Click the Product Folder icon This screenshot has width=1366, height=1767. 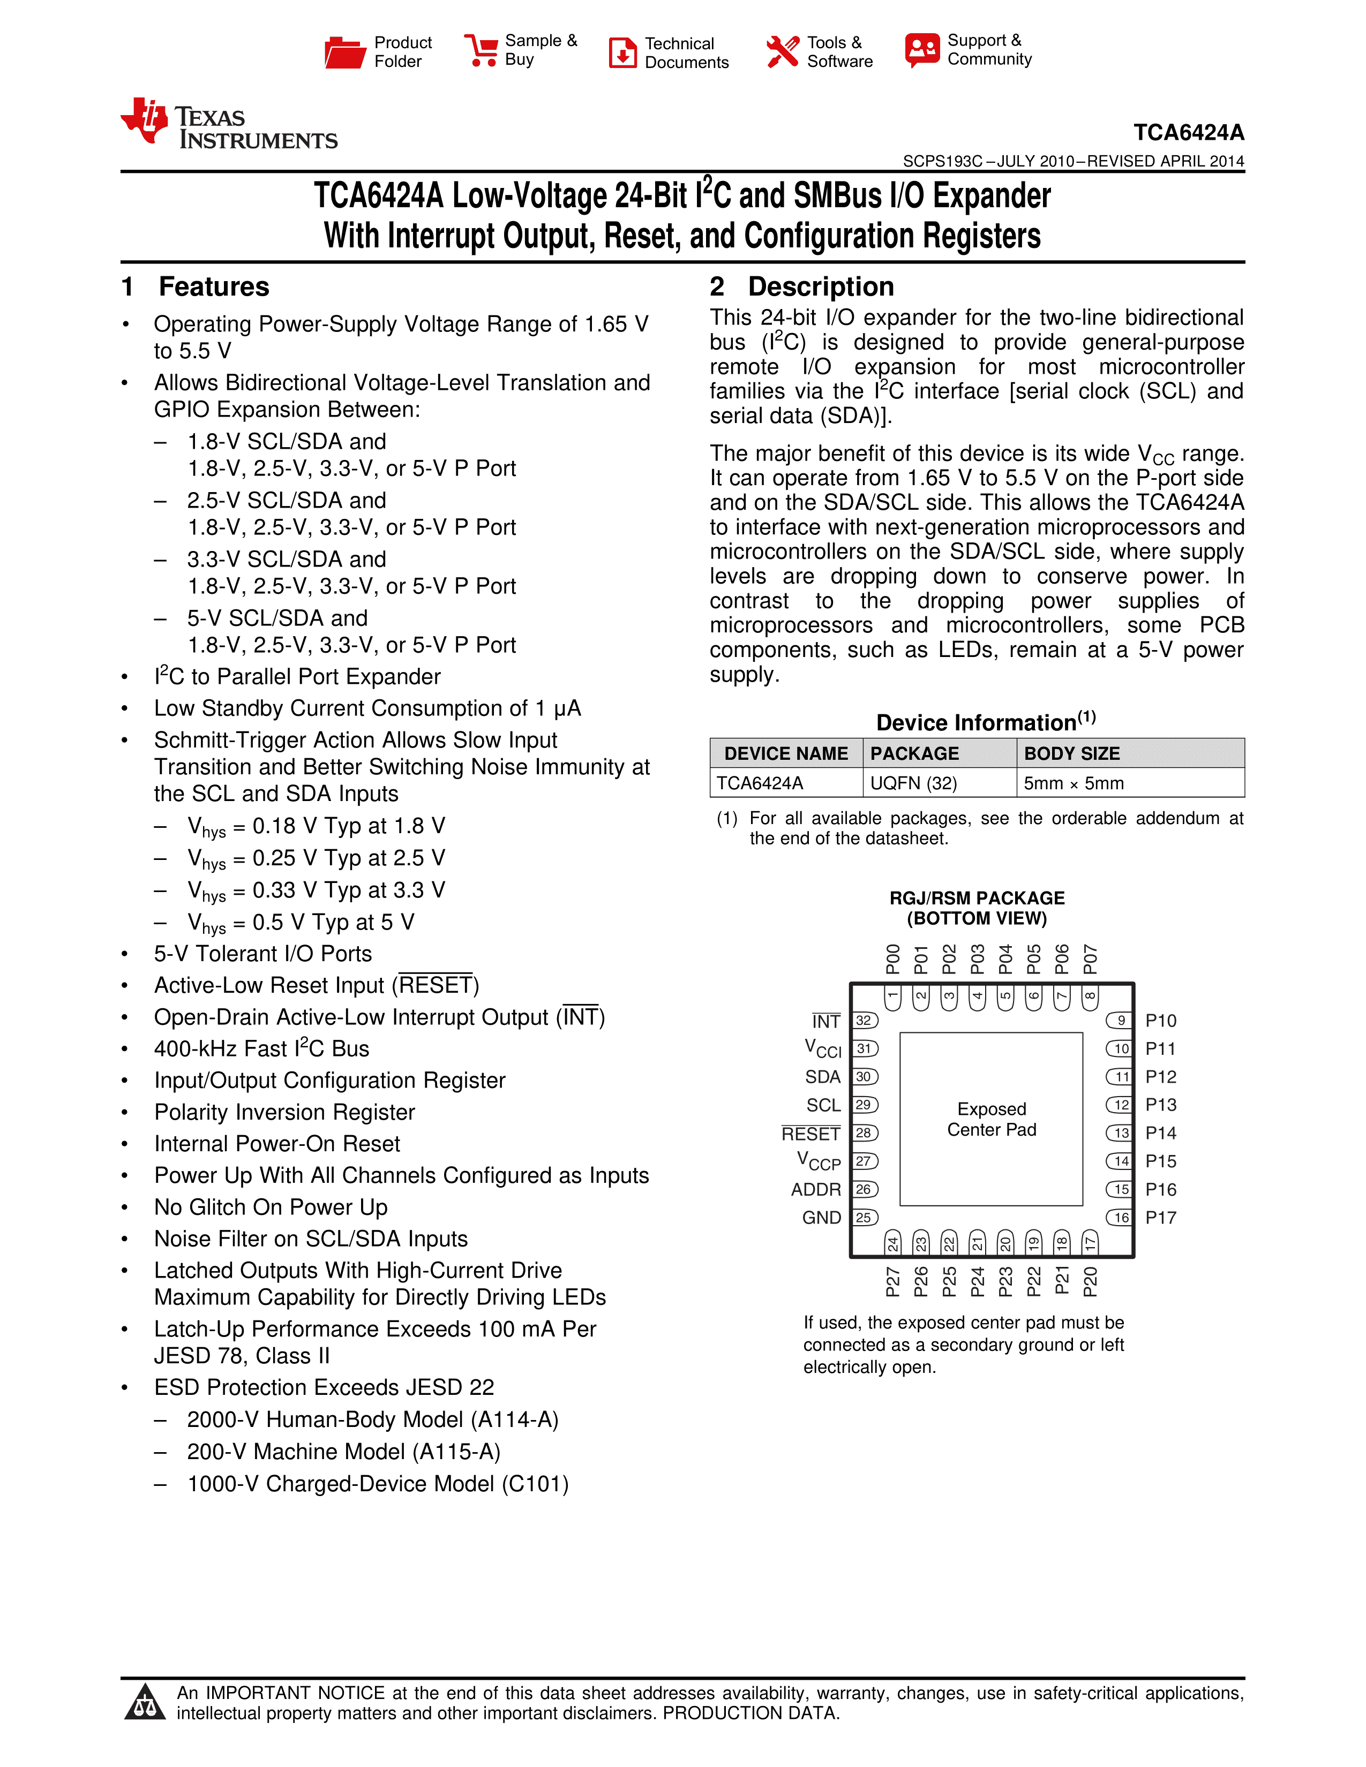(x=345, y=52)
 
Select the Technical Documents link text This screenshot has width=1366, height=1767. (x=686, y=52)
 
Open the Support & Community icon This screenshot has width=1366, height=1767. (x=922, y=50)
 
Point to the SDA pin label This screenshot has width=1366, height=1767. (x=822, y=1077)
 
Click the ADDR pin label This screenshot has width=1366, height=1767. (x=816, y=1189)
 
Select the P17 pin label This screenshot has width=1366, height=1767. (x=1160, y=1218)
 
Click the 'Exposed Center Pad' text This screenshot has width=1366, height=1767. (x=992, y=1119)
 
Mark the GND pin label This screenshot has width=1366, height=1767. (x=821, y=1218)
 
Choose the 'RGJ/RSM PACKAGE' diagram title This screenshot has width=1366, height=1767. (x=977, y=898)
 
